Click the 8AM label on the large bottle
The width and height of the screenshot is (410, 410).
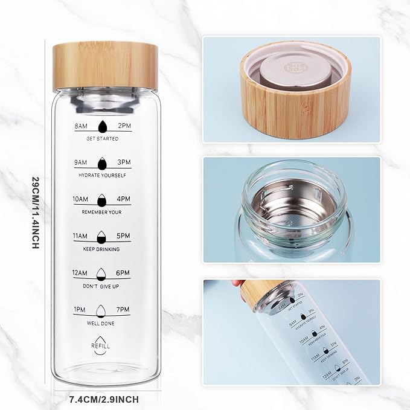pos(80,126)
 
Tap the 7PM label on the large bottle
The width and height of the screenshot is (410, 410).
pos(123,310)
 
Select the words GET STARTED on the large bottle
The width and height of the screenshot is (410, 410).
pos(102,138)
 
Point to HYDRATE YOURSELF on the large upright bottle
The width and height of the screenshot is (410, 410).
pos(102,175)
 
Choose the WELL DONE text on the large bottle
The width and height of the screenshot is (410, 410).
pos(102,322)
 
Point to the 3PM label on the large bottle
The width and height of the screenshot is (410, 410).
pos(123,162)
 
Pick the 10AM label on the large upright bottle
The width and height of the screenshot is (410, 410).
pos(80,199)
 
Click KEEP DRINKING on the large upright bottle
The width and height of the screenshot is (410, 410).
pos(102,249)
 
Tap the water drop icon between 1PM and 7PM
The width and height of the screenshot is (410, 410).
pos(101,310)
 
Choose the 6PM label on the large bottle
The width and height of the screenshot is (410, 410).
pos(123,273)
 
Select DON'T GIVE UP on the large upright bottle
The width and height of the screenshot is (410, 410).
pos(102,286)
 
